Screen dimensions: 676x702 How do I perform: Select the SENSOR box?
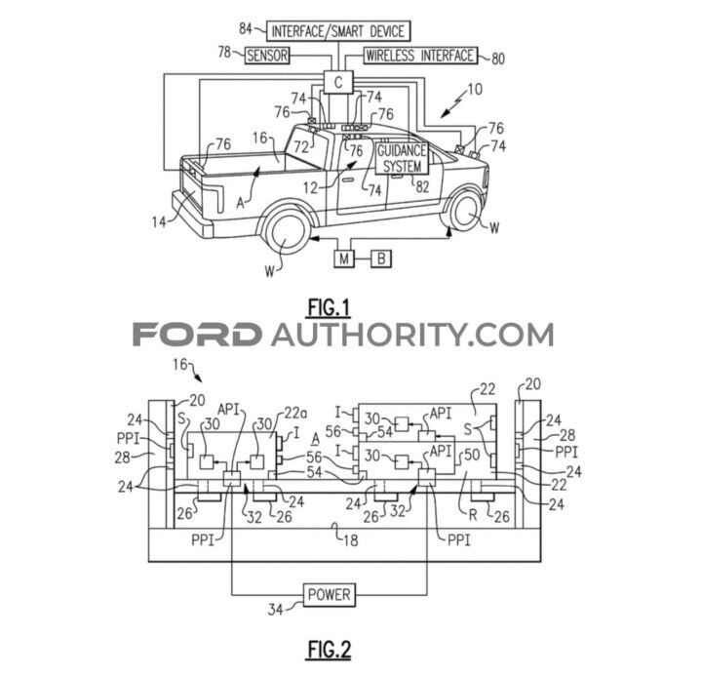[x=266, y=56]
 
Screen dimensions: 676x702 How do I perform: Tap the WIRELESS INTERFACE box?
[x=420, y=56]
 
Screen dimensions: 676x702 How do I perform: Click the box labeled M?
[x=344, y=258]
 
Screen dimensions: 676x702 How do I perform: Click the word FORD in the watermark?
[x=196, y=336]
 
